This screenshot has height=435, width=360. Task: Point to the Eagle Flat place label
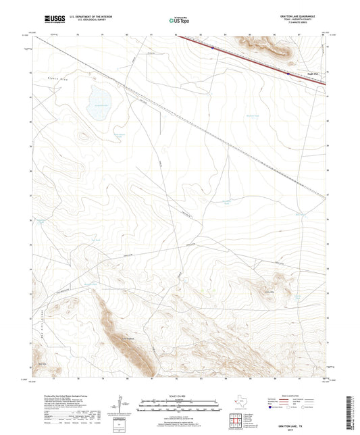pyautogui.click(x=313, y=75)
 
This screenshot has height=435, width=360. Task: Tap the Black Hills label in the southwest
pyautogui.click(x=42, y=363)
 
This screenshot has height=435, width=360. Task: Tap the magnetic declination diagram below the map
pyautogui.click(x=120, y=405)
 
